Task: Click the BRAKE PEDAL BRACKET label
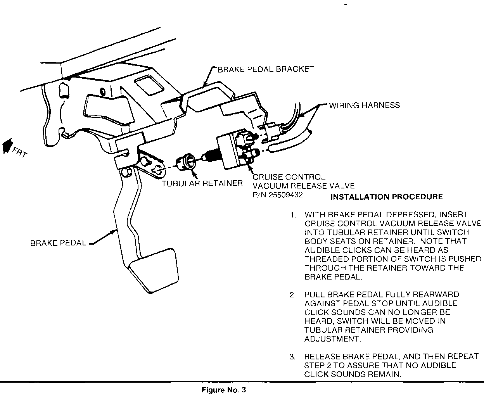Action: pyautogui.click(x=266, y=69)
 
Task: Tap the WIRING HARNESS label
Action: pyautogui.click(x=364, y=105)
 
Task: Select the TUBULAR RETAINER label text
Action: pyautogui.click(x=202, y=183)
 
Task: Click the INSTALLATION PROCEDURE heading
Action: pyautogui.click(x=386, y=197)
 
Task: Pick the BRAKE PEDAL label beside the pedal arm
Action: pyautogui.click(x=58, y=243)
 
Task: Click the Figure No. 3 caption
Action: pyautogui.click(x=224, y=389)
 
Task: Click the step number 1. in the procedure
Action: pyautogui.click(x=293, y=215)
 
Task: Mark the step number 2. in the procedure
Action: pyautogui.click(x=293, y=295)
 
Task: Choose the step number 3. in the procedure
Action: pyautogui.click(x=293, y=357)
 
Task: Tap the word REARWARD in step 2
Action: pyautogui.click(x=432, y=295)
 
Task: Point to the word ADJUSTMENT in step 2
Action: pyautogui.click(x=332, y=339)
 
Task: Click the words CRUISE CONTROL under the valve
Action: pyautogui.click(x=289, y=177)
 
